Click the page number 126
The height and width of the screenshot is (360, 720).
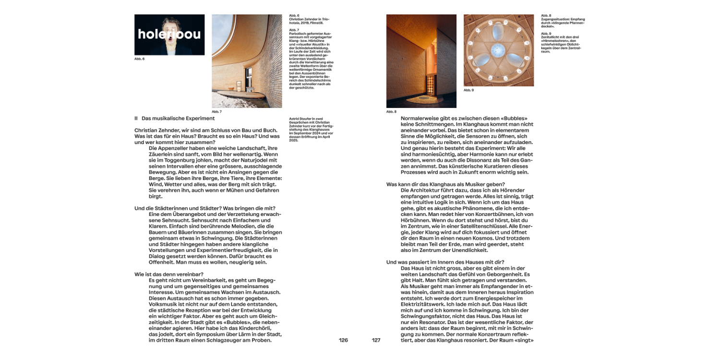point(343,340)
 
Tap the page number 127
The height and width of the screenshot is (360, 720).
point(376,340)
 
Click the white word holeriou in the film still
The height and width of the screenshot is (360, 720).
point(169,35)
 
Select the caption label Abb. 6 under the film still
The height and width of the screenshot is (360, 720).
point(139,59)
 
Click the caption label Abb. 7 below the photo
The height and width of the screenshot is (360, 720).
point(216,112)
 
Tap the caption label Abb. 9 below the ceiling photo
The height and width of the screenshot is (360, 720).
point(468,90)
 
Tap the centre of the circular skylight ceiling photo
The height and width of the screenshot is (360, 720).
point(499,50)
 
